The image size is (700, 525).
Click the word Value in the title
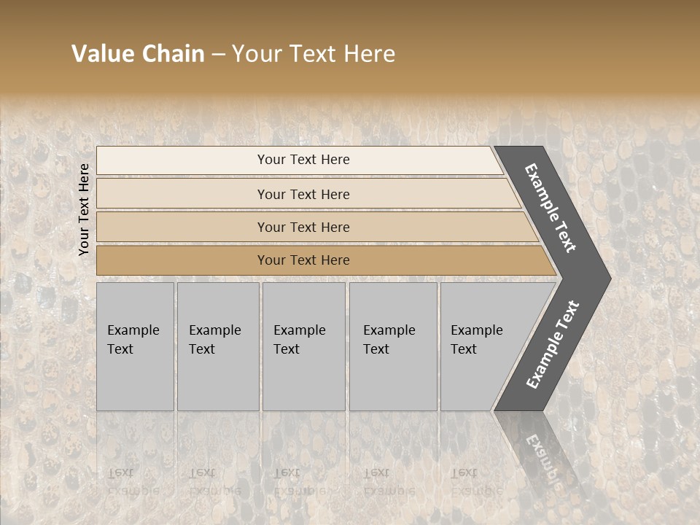[101, 54]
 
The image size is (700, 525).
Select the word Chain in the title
[173, 54]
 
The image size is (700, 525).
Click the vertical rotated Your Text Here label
[84, 210]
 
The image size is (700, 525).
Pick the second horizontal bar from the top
[303, 194]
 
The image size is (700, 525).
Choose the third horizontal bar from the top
[303, 227]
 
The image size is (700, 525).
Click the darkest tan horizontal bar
[303, 260]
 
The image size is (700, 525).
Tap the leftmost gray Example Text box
[135, 346]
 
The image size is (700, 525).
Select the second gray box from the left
[217, 346]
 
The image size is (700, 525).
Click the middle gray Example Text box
[303, 346]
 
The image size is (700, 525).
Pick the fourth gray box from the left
[392, 346]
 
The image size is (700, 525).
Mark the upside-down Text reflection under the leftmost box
[120, 472]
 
